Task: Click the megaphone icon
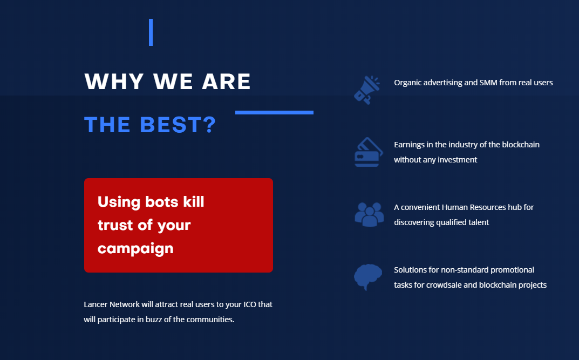[367, 90]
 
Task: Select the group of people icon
[369, 214]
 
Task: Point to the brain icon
[368, 277]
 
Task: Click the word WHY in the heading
[114, 81]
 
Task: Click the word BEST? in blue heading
[178, 125]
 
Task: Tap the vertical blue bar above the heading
[151, 32]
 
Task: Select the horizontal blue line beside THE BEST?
[274, 113]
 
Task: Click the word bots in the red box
[162, 202]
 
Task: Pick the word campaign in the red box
[135, 249]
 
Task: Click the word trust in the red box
[115, 225]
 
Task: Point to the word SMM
[488, 83]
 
